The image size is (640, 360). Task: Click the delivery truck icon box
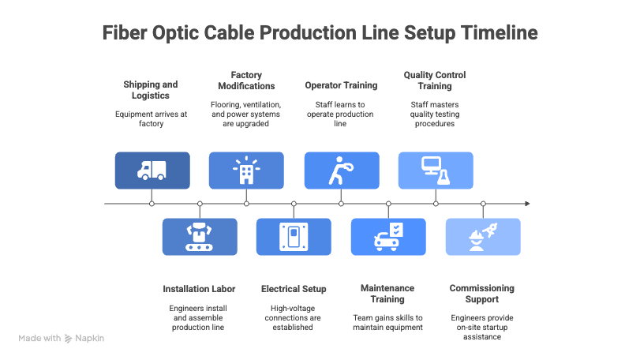point(152,171)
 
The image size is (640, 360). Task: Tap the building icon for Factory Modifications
point(246,171)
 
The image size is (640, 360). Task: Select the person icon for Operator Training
point(341,171)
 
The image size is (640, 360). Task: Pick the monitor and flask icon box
point(436,171)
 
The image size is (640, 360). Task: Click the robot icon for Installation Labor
point(200,237)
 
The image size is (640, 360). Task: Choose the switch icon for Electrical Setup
point(294,237)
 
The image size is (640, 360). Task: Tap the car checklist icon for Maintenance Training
point(388,237)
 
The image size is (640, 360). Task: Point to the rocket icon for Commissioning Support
point(483,237)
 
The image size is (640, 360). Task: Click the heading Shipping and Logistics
point(151,89)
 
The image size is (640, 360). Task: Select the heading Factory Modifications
point(246,80)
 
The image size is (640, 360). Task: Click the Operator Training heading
point(341,84)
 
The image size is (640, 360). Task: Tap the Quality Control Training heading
point(435,80)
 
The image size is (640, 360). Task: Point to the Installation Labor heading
point(199,289)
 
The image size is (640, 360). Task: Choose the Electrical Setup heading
point(294,289)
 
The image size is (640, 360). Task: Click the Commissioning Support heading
point(482,294)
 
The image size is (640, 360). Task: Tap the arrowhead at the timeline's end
point(527,204)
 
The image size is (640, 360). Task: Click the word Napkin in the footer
point(90,338)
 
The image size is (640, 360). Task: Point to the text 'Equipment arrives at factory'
point(151,118)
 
